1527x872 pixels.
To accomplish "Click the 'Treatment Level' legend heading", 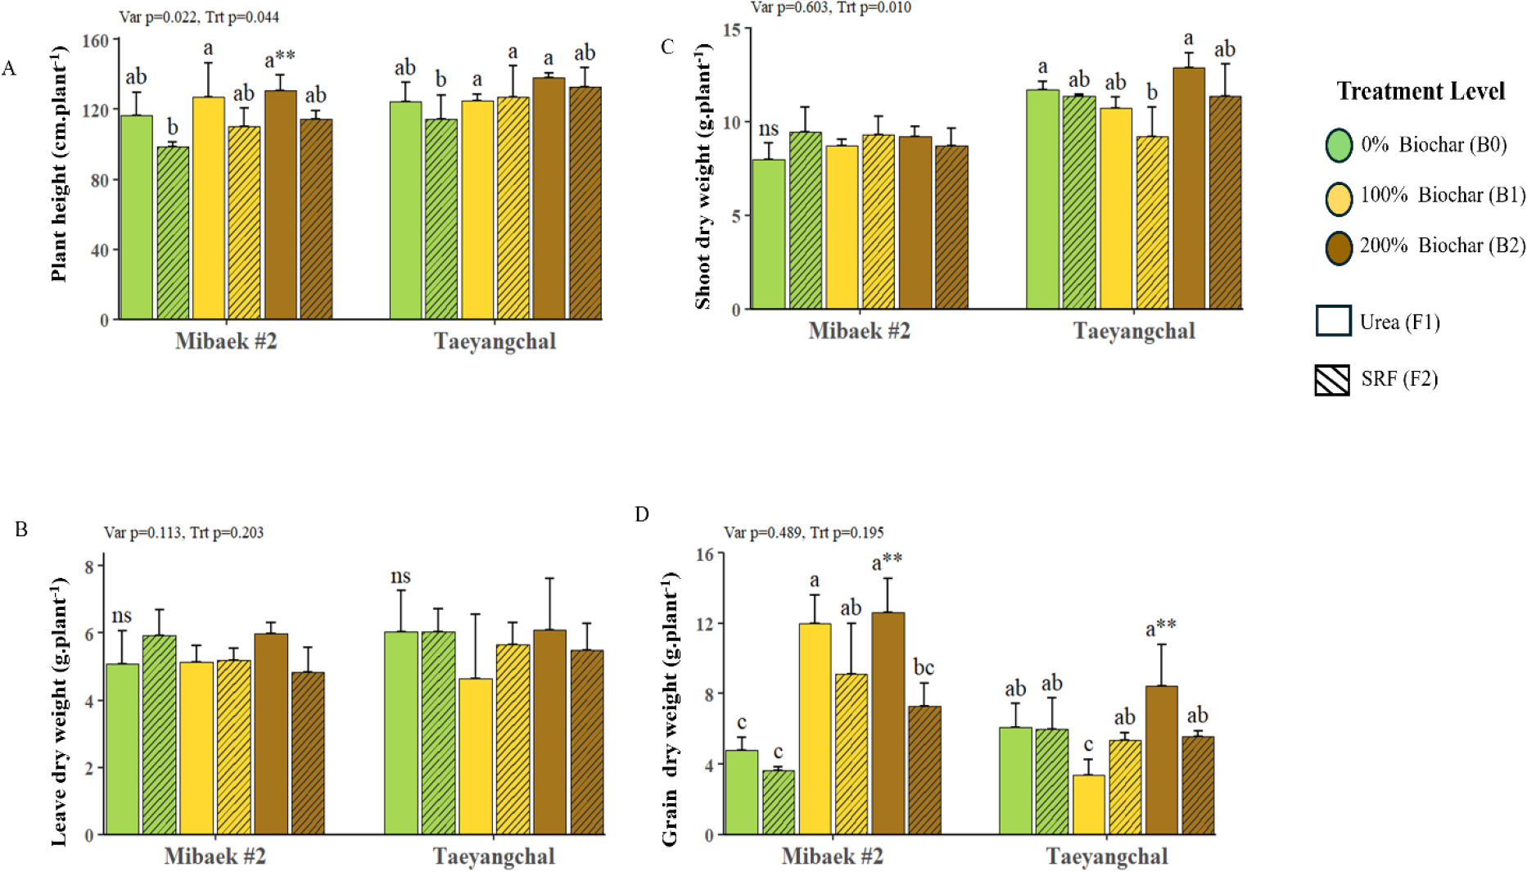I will [x=1421, y=91].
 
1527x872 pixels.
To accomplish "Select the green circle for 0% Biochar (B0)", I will [x=1339, y=145].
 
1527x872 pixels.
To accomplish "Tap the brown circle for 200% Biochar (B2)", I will [x=1339, y=246].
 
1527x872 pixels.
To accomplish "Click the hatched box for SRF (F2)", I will [x=1332, y=380].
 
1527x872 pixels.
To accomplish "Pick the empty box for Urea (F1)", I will [x=1333, y=321].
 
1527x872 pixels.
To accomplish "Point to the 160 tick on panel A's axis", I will [x=96, y=41].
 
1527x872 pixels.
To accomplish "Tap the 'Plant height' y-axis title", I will [x=59, y=164].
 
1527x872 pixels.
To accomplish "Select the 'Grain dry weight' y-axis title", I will [x=670, y=709].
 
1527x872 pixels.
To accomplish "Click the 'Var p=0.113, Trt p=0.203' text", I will [x=183, y=533].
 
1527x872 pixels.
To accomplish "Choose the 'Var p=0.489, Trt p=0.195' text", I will [x=803, y=533].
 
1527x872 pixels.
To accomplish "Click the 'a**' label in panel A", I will [x=279, y=59].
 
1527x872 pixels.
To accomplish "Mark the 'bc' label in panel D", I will [x=924, y=668].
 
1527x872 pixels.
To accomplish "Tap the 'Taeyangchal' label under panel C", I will [x=1134, y=331].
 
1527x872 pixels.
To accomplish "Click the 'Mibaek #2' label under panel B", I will [x=215, y=856].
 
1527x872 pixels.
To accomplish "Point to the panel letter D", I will [x=642, y=514].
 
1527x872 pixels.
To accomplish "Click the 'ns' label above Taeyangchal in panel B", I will [x=400, y=576].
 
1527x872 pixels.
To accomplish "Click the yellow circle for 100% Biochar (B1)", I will [x=1339, y=197].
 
